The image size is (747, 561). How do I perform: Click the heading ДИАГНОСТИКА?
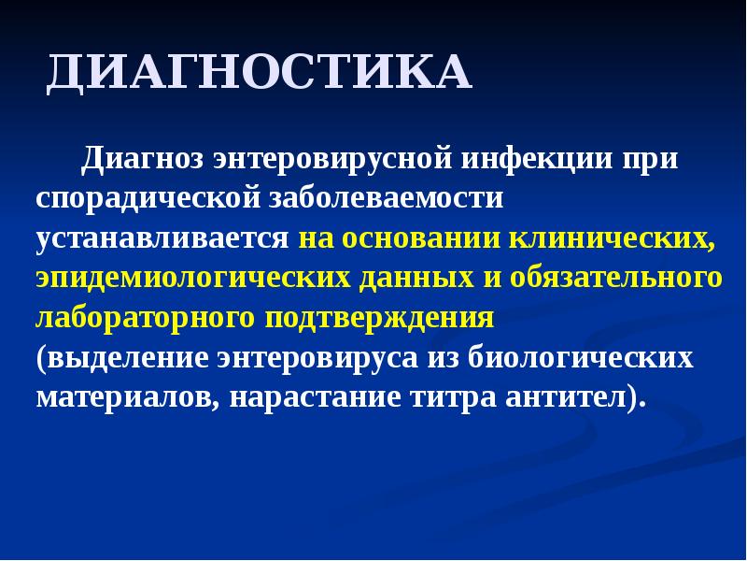coord(260,74)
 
